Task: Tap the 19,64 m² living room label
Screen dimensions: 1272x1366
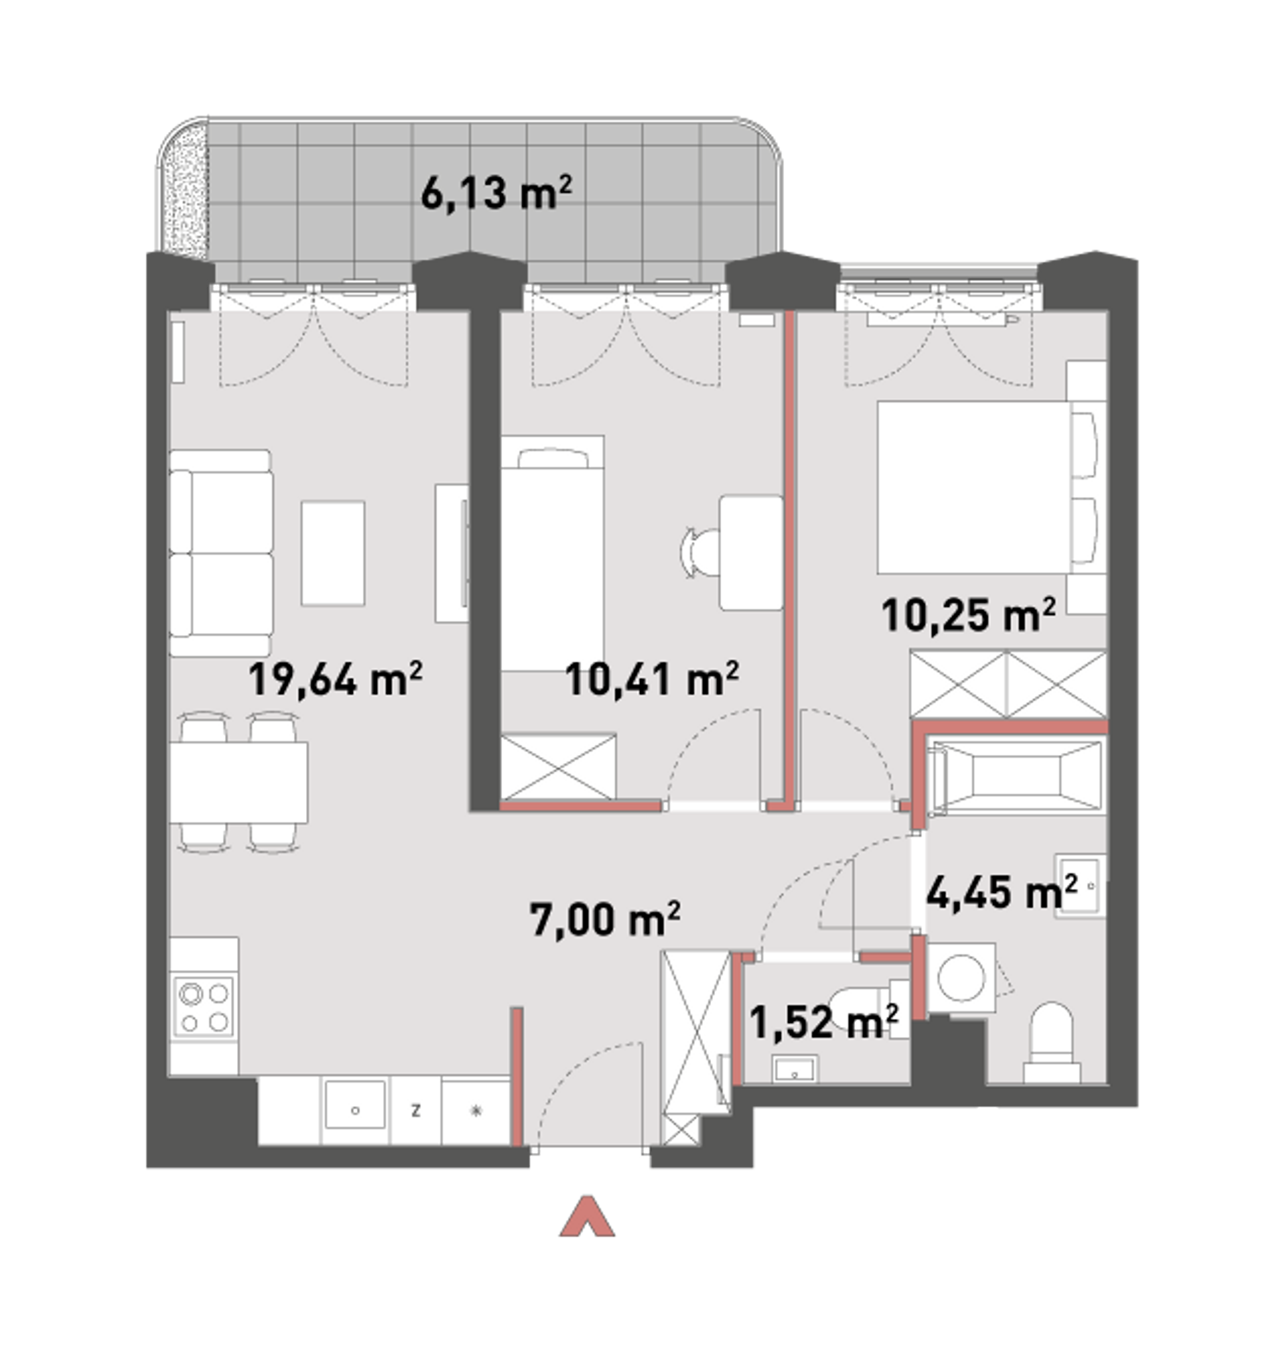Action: tap(335, 679)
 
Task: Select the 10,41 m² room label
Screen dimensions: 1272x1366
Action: tap(651, 679)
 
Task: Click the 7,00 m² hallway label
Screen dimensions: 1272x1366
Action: tap(605, 919)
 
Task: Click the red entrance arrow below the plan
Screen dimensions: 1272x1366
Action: tap(586, 1217)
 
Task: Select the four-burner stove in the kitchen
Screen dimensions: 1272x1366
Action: tap(204, 1007)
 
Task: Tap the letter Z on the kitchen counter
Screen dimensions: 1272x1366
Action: tap(416, 1110)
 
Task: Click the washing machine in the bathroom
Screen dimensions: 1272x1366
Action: tap(961, 976)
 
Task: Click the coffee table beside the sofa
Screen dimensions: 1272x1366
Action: tap(333, 553)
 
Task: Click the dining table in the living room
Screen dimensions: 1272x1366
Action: tap(238, 782)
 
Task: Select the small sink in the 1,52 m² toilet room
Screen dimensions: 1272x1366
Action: tap(795, 1069)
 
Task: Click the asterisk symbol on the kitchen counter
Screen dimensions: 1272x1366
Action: tap(476, 1110)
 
